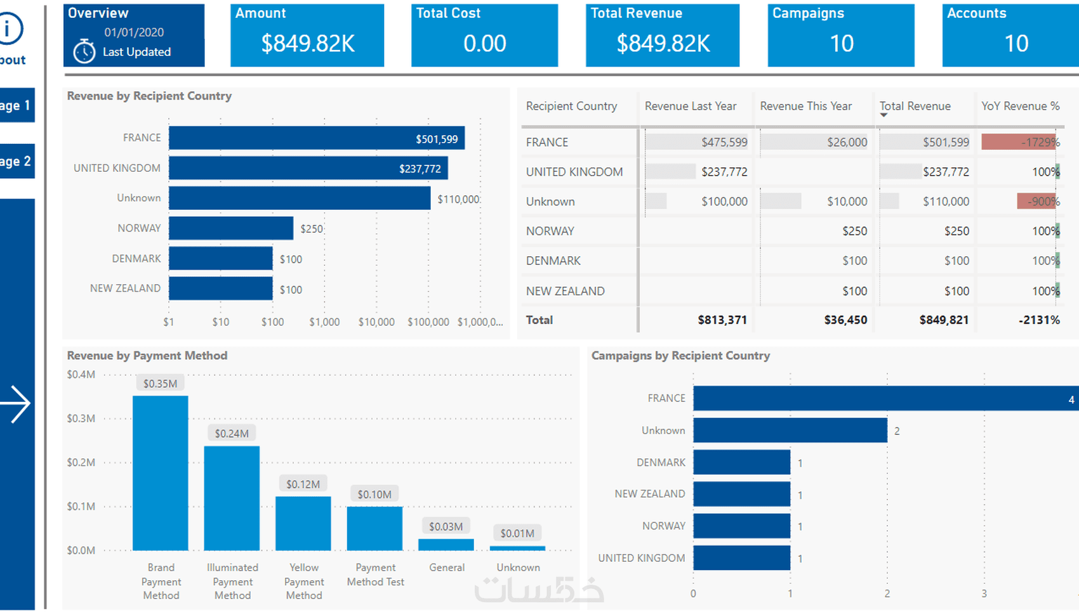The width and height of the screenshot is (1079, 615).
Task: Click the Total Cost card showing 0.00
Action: click(484, 36)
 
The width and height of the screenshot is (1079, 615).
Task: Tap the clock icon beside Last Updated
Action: click(84, 51)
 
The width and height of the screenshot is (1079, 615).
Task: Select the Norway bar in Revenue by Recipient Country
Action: click(231, 228)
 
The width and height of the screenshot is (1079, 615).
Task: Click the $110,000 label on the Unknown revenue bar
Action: click(458, 199)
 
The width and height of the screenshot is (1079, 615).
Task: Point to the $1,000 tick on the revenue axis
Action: click(324, 322)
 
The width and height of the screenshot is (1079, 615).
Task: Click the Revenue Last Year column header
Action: click(691, 107)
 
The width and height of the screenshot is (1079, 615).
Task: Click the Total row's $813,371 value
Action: click(722, 320)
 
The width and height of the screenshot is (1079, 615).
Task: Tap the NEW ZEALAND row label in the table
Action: click(565, 291)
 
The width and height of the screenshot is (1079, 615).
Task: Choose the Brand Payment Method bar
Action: click(160, 473)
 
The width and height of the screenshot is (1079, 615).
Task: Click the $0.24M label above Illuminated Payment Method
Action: click(232, 434)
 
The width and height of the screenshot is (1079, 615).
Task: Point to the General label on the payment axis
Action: click(447, 567)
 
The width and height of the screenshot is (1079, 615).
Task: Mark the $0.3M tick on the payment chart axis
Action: click(81, 418)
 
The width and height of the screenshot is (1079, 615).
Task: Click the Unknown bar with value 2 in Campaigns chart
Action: click(790, 430)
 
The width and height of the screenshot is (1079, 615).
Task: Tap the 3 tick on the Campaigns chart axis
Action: click(984, 594)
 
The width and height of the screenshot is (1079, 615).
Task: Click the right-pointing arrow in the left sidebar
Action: click(16, 404)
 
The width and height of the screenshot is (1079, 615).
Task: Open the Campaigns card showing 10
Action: click(841, 36)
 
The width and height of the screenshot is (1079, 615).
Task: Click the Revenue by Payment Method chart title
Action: click(147, 356)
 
